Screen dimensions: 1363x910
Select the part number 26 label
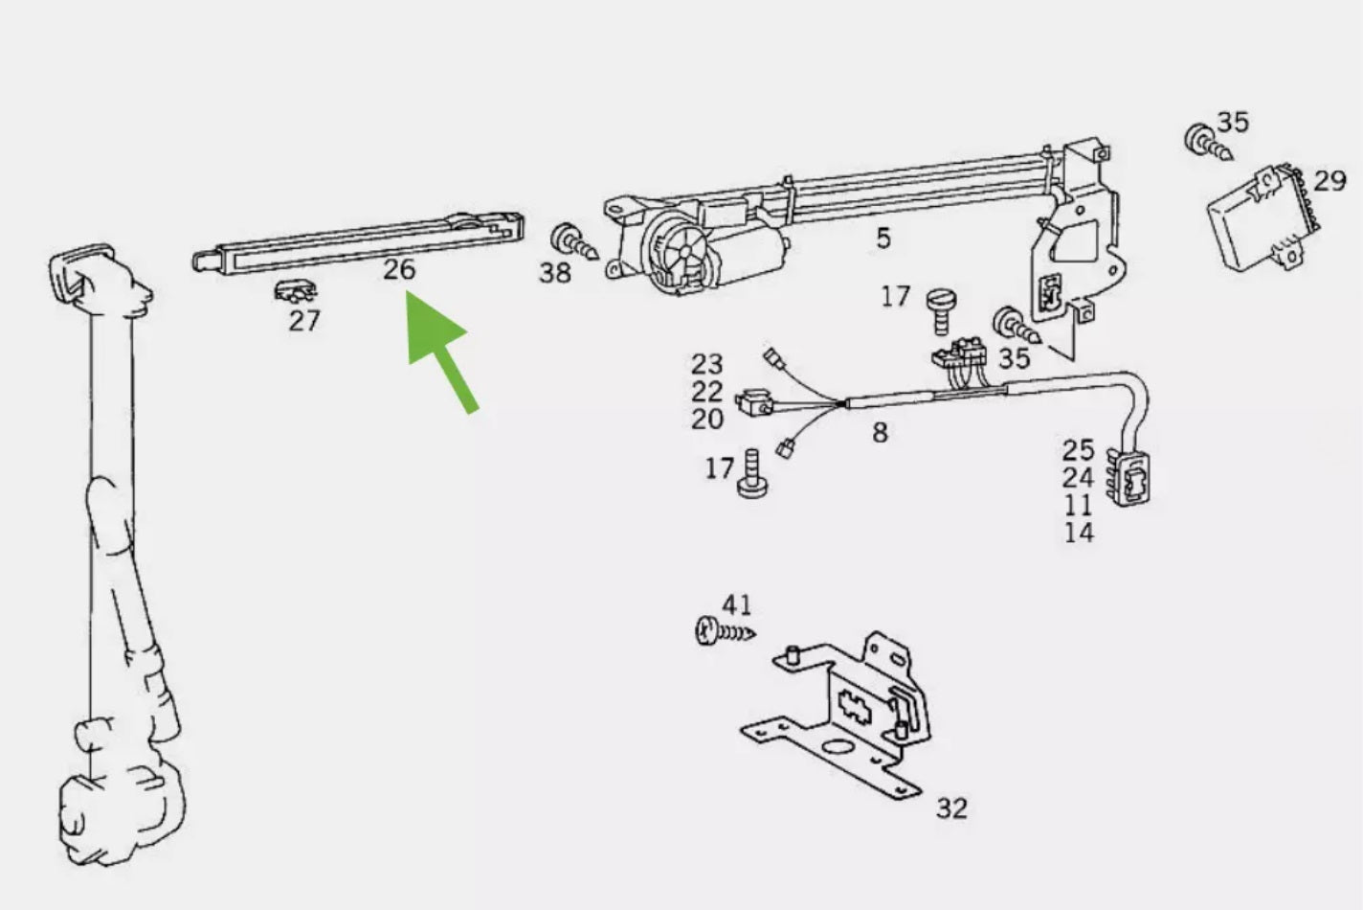tap(399, 269)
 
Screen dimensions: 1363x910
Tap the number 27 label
tap(304, 321)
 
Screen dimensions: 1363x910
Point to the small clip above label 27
tap(295, 292)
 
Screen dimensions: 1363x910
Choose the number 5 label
tap(883, 239)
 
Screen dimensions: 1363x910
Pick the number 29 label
tap(1329, 181)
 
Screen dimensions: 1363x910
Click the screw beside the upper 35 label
tap(1207, 144)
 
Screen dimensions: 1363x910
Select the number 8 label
tap(880, 433)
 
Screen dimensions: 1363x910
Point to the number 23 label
tap(706, 364)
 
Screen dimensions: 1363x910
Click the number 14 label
tap(1079, 533)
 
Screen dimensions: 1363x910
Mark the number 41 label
tap(736, 605)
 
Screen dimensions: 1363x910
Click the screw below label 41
tap(724, 630)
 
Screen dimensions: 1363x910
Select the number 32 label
tap(951, 808)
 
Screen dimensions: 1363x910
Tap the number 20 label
tap(706, 419)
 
